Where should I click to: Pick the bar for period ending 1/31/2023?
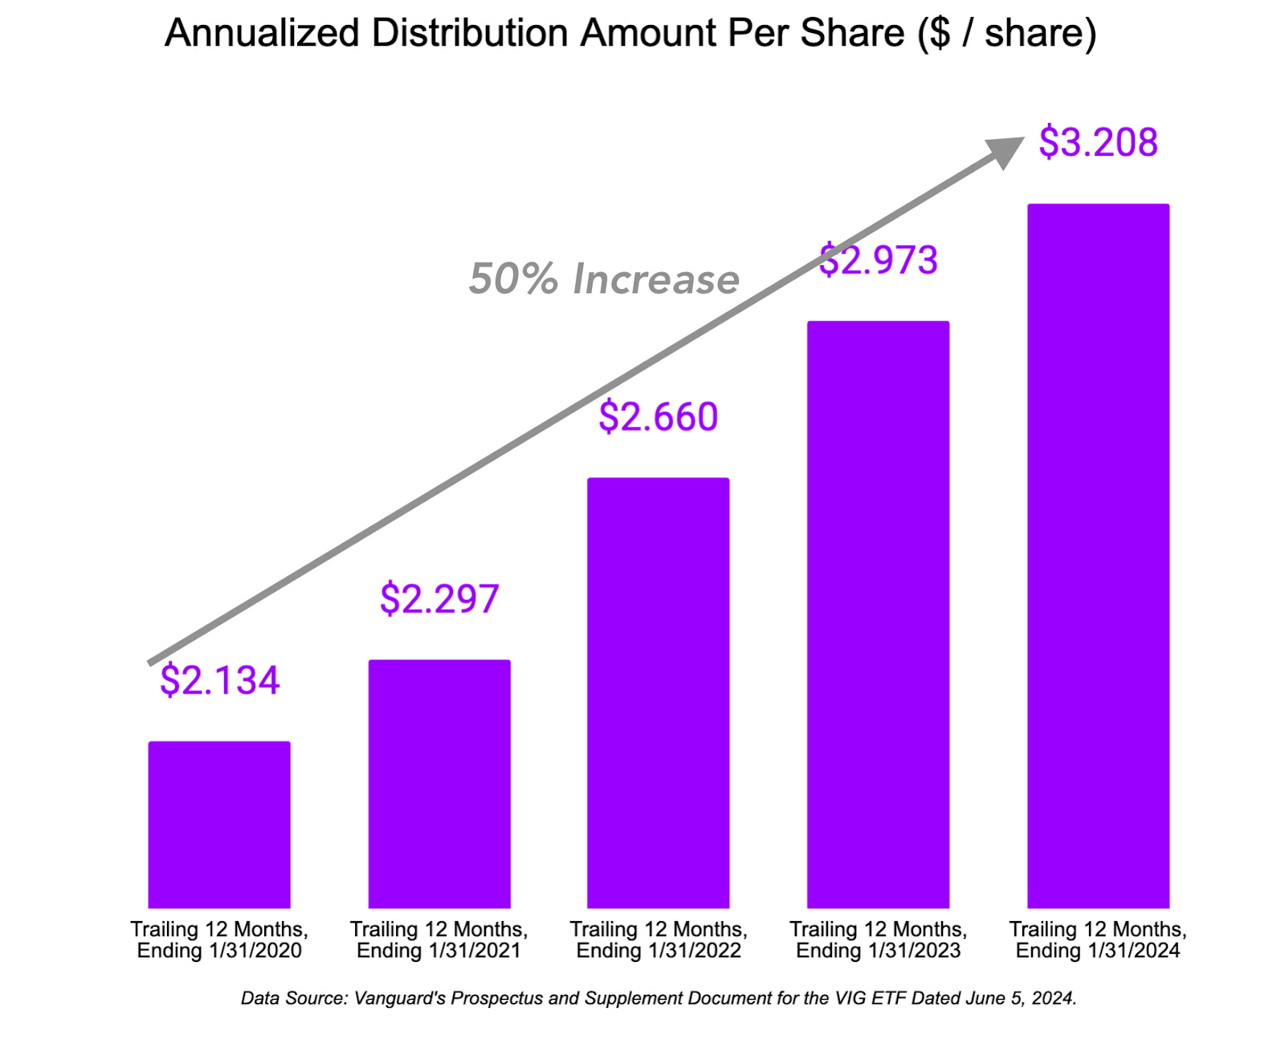click(878, 614)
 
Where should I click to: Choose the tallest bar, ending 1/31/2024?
click(1098, 556)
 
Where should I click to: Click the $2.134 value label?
click(219, 680)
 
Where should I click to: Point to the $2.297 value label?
click(439, 598)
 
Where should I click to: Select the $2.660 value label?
click(658, 417)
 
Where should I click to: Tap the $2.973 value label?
click(878, 260)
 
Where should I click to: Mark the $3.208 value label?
click(1098, 142)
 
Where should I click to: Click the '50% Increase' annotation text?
click(604, 279)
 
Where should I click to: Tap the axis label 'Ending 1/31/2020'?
click(219, 951)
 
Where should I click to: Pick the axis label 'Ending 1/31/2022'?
click(658, 951)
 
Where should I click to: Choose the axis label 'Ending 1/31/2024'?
click(1098, 951)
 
